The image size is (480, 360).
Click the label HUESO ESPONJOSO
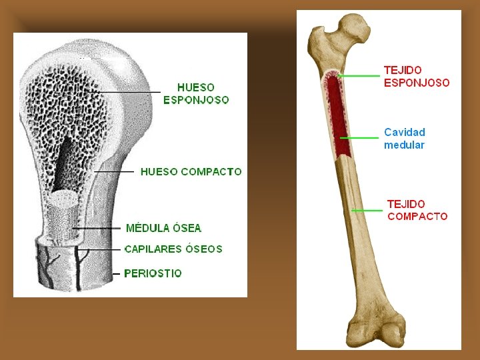click(x=196, y=93)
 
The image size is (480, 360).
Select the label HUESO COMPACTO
click(x=191, y=171)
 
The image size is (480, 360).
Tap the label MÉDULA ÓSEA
click(x=163, y=228)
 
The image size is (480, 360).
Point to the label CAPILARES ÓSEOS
click(x=173, y=249)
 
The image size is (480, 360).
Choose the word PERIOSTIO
click(x=153, y=273)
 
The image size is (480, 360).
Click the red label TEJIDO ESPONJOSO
click(x=417, y=76)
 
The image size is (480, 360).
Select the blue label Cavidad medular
click(x=405, y=138)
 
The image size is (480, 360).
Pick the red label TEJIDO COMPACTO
click(x=417, y=210)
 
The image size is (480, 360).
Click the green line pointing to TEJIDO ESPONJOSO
click(x=359, y=76)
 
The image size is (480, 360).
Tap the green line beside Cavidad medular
click(x=360, y=137)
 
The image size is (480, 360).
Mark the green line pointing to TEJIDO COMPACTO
click(x=367, y=211)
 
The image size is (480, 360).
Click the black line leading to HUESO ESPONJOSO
click(x=127, y=91)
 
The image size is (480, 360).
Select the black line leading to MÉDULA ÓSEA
click(x=100, y=229)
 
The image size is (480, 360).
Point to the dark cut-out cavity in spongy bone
click(x=67, y=160)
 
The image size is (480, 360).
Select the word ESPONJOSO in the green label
click(x=196, y=100)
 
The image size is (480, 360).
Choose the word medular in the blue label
click(x=404, y=145)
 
